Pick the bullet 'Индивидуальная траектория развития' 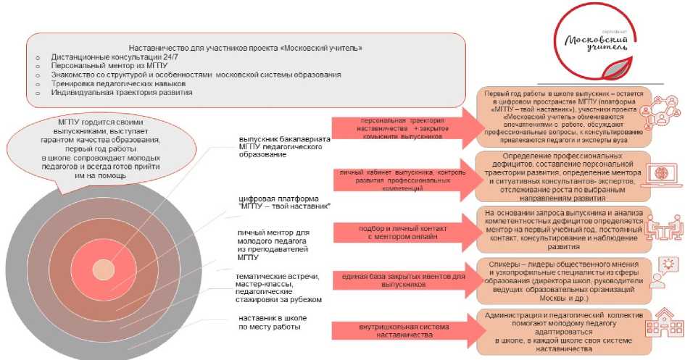(x=117, y=93)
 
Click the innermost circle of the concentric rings (x=99, y=267)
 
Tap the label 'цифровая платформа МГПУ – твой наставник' (x=284, y=203)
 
